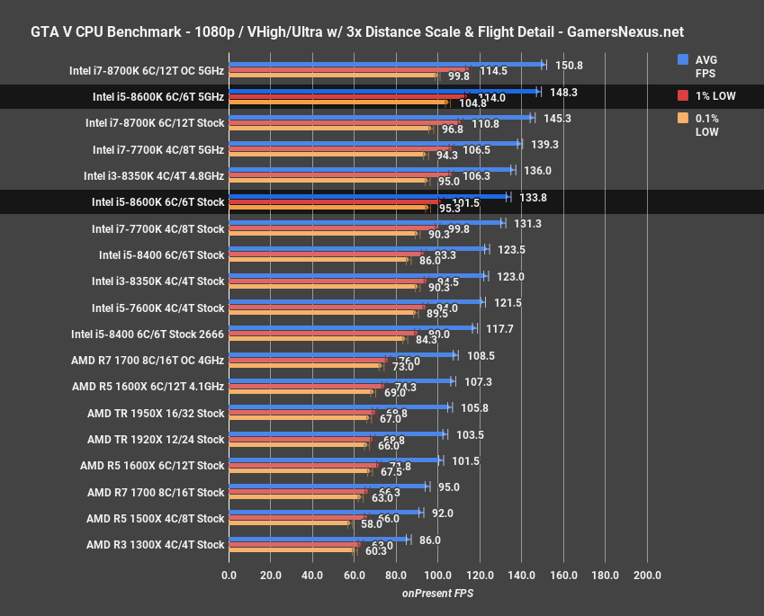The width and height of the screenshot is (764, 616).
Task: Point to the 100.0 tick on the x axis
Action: coord(438,576)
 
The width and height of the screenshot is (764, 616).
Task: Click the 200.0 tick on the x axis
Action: coord(647,576)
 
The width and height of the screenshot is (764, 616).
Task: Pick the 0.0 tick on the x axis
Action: coord(229,576)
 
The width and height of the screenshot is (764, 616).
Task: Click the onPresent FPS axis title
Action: coord(437,594)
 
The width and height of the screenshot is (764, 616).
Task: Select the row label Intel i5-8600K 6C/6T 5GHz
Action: coord(157,97)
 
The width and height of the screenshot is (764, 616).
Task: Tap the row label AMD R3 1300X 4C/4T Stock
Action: coord(155,544)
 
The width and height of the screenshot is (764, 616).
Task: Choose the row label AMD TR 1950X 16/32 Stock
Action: coord(155,414)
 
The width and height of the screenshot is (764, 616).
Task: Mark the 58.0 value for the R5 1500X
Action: coord(368,522)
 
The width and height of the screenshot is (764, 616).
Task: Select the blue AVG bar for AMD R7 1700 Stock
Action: coord(328,487)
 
